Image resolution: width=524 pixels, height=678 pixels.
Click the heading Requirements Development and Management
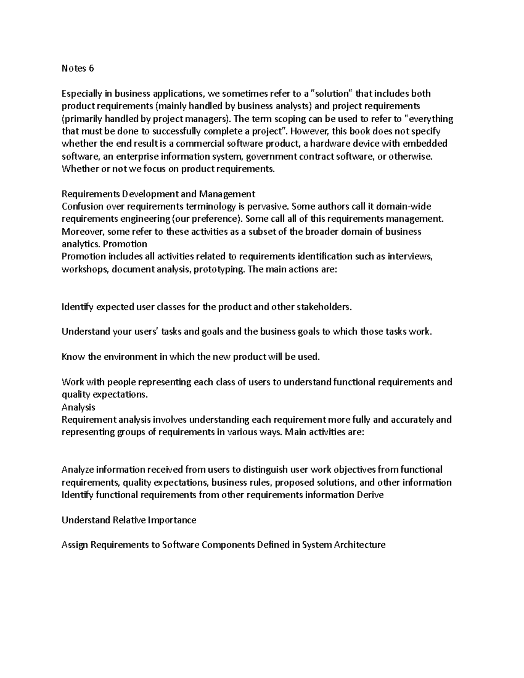158,194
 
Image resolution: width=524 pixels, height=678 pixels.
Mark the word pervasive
267,206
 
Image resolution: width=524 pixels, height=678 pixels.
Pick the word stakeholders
324,307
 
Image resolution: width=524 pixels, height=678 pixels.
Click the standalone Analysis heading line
78,407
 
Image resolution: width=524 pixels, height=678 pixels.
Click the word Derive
370,495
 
